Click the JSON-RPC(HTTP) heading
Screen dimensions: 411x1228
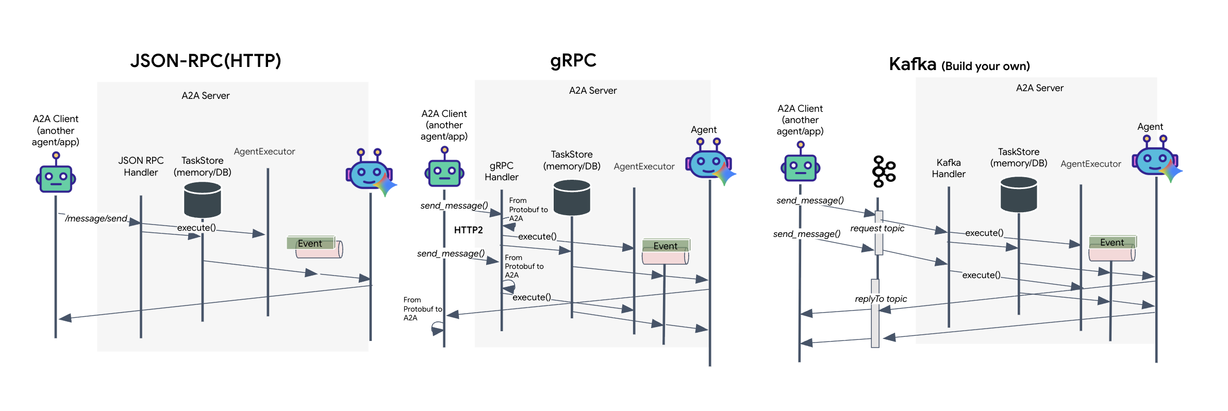click(205, 61)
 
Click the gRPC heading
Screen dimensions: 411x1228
click(573, 61)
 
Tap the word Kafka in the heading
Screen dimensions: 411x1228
click(912, 64)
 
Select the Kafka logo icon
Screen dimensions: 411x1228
click(884, 172)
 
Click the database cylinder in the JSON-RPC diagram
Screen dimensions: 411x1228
click(202, 200)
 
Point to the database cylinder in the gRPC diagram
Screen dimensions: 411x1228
click(571, 197)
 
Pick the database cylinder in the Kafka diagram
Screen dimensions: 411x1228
click(1018, 194)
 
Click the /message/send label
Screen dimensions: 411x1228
click(96, 218)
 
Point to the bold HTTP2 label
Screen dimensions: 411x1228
click(468, 230)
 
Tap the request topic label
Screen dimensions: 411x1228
click(877, 228)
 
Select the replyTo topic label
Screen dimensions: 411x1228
click(881, 299)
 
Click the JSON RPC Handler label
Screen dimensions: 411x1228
click(141, 166)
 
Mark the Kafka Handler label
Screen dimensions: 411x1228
click(948, 168)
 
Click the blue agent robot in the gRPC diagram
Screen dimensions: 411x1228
click(709, 162)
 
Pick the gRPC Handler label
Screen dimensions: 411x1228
click(501, 172)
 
